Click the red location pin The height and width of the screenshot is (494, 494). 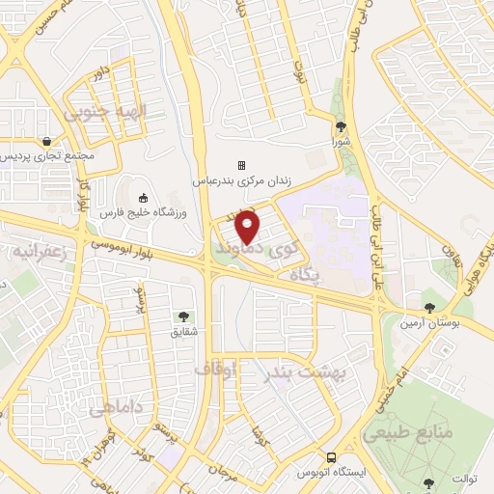[248, 226]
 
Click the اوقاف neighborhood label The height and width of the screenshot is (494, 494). [215, 369]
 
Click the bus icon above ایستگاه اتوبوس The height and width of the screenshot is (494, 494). [331, 457]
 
